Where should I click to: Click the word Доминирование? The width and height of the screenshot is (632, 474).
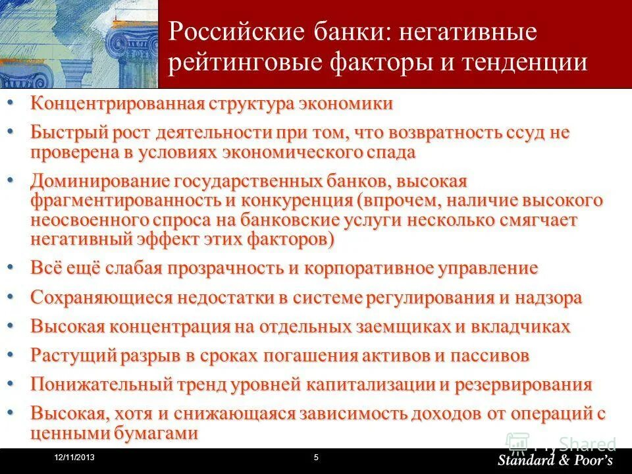point(98,180)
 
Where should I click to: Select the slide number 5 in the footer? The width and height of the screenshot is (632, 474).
point(316,458)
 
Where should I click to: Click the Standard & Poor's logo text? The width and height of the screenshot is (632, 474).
point(555,460)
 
